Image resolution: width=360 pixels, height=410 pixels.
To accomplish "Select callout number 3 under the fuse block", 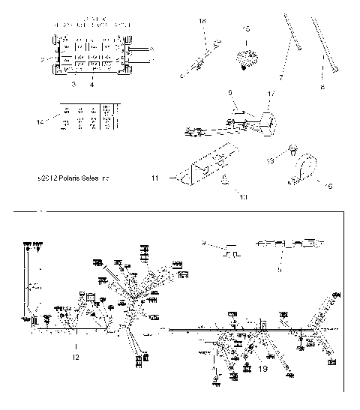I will coord(73,85).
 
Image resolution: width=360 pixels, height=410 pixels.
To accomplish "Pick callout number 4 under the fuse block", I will coord(91,85).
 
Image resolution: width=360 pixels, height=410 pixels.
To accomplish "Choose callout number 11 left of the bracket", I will coord(155,179).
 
